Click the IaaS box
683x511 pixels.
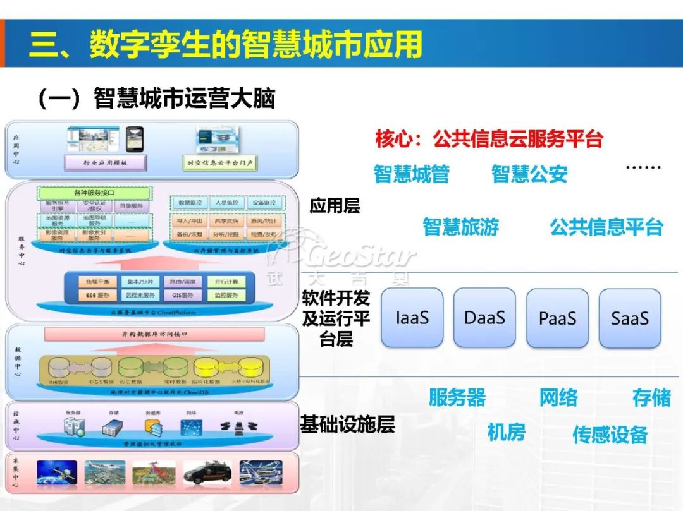tap(412, 318)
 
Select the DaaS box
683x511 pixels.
tap(484, 318)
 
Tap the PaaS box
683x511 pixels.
tap(557, 318)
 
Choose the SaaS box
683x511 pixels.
tap(630, 318)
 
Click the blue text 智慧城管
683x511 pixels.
tap(411, 174)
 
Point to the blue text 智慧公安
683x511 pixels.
tap(529, 174)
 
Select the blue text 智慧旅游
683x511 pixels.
tap(460, 227)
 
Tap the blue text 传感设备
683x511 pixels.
tap(610, 435)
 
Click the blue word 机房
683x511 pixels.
tap(506, 433)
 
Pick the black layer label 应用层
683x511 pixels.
tap(335, 206)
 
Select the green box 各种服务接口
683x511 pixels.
tap(94, 192)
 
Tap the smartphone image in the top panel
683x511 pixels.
tap(134, 138)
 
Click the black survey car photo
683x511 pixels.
tap(207, 472)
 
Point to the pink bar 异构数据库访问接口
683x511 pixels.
tap(154, 334)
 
